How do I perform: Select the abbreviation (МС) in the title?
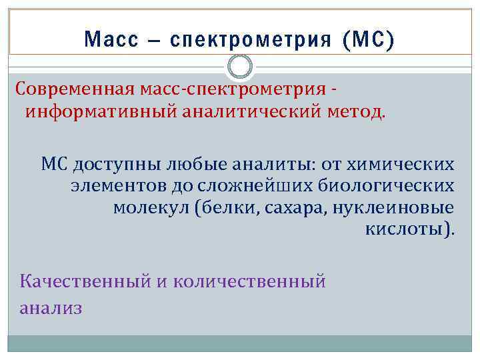coord(367,40)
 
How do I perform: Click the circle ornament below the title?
coord(240,67)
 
